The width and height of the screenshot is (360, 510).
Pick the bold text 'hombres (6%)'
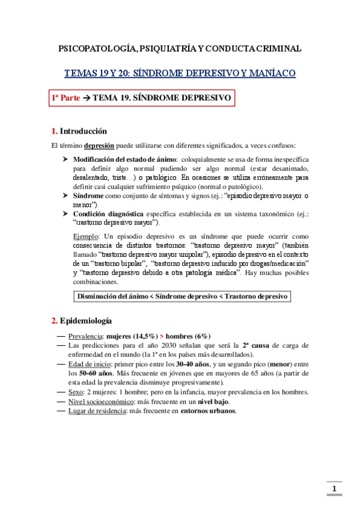188,336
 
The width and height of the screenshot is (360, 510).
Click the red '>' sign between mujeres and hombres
162,336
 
